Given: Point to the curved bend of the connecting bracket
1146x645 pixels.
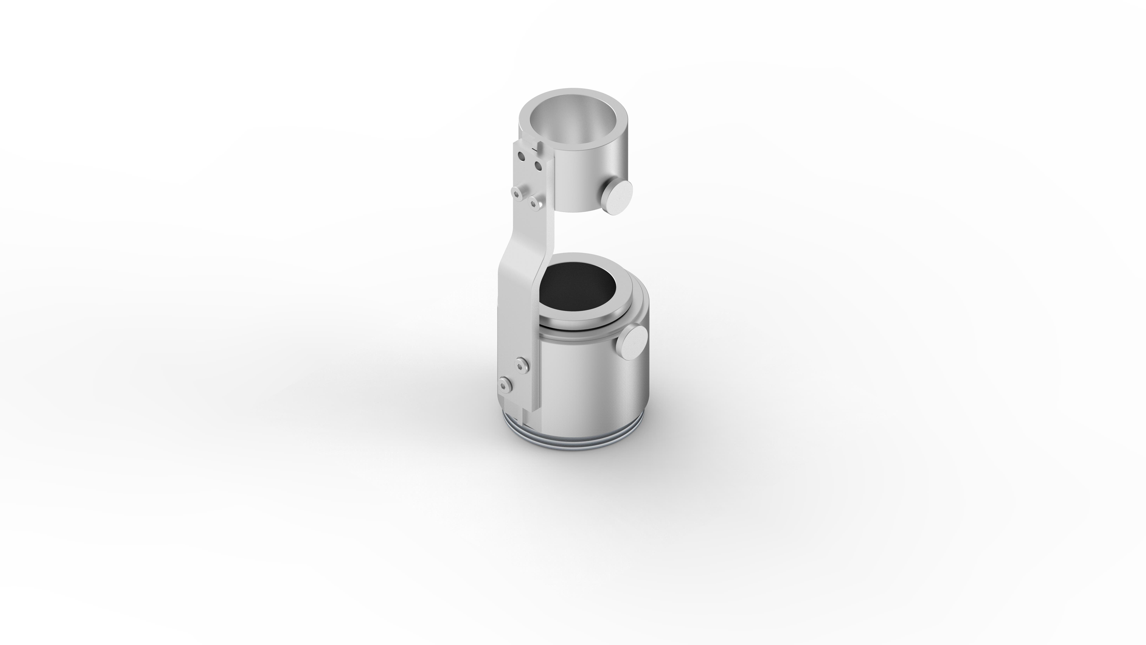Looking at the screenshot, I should pos(516,258).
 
